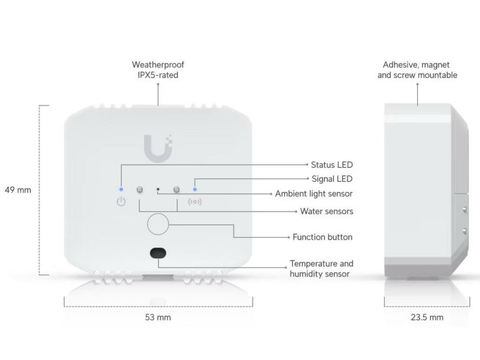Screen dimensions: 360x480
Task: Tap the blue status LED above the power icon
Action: [x=121, y=189]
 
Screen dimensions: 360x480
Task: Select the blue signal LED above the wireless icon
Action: [x=195, y=189]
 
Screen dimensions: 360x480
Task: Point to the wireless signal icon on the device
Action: [x=195, y=202]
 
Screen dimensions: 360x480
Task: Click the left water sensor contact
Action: [x=139, y=189]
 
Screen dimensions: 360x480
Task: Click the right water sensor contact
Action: [x=177, y=189]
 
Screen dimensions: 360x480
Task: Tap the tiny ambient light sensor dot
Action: [x=158, y=189]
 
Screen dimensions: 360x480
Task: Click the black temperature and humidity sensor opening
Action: [x=158, y=253]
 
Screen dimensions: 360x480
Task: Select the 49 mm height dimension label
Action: [x=18, y=190]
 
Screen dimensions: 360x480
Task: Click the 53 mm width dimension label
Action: [x=158, y=317]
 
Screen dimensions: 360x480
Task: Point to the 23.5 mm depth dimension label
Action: [x=427, y=317]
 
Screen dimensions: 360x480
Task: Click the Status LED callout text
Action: [x=332, y=165]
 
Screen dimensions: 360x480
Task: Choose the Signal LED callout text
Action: [x=332, y=179]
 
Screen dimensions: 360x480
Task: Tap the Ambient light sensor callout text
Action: [x=314, y=194]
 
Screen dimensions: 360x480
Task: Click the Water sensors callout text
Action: [x=327, y=211]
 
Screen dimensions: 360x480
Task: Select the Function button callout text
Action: [x=322, y=237]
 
